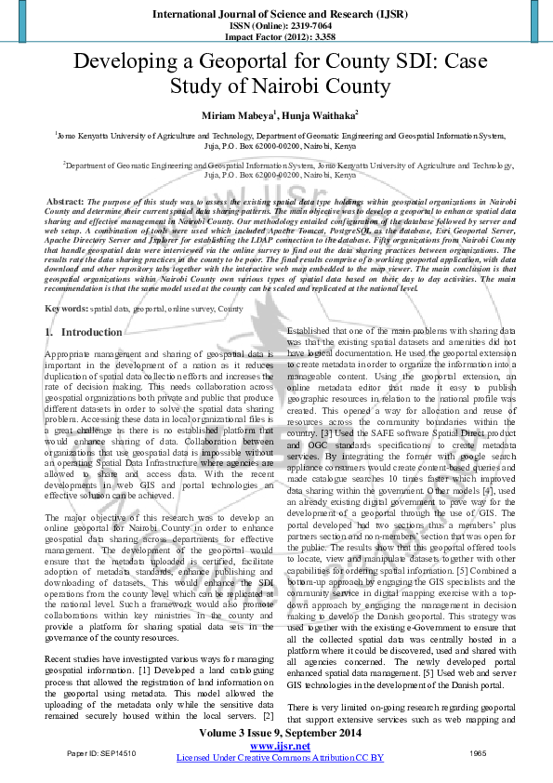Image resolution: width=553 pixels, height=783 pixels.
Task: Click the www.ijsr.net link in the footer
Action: click(x=279, y=746)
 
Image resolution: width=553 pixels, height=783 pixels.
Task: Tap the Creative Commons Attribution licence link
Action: click(x=280, y=758)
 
